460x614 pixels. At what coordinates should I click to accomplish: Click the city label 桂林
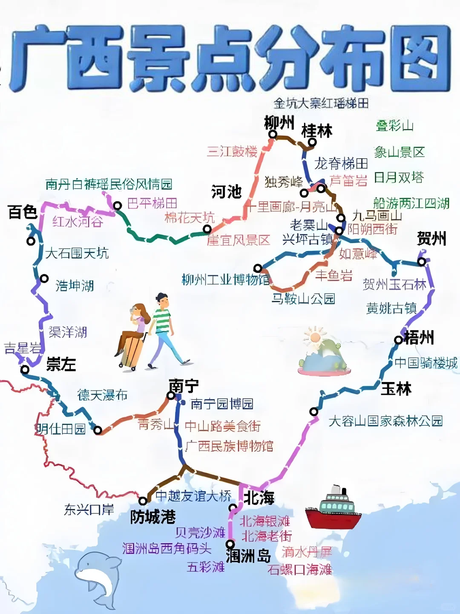coord(316,130)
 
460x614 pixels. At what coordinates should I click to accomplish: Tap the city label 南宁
coord(184,386)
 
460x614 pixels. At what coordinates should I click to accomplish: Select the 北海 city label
coord(259,498)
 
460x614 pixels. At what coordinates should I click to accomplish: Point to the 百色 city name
coord(23,211)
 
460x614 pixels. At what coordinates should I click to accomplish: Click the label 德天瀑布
coord(102,395)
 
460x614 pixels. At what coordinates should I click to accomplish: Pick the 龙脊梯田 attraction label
coord(341,163)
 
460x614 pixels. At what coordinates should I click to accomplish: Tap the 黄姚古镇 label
coord(391,308)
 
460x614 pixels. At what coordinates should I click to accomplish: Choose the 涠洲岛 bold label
coord(248,556)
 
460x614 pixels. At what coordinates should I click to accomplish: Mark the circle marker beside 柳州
coord(273,134)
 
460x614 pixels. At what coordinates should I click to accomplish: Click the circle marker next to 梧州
coord(398,340)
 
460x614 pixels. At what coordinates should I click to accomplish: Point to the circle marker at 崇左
coord(25,369)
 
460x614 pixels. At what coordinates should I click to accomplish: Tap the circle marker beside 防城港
coord(143,501)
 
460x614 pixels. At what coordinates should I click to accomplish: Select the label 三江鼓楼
coord(232,151)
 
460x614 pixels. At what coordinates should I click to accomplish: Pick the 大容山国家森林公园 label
coord(385,421)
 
